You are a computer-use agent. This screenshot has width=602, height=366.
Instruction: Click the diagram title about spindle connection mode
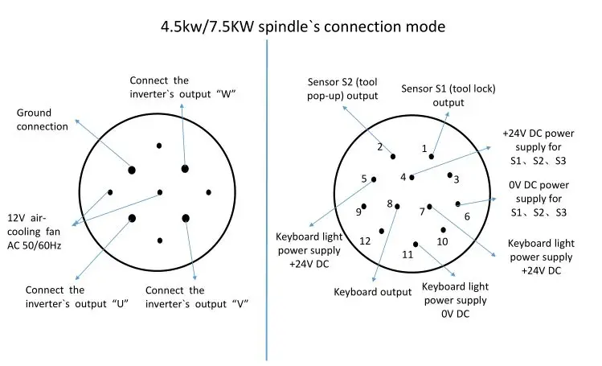303,27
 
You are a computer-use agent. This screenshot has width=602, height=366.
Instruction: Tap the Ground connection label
43,119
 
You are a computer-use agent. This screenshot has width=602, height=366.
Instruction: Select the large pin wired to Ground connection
132,170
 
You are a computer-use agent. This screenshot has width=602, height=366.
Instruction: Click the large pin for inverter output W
185,169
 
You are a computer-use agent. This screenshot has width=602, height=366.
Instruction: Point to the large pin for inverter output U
132,218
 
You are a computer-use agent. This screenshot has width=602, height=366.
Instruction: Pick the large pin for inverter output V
186,218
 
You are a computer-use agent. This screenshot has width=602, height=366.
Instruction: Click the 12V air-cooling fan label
34,232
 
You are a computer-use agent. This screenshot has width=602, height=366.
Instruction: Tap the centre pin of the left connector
160,192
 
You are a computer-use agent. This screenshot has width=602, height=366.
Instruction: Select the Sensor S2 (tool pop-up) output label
342,88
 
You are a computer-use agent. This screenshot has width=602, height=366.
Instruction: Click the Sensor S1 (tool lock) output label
448,95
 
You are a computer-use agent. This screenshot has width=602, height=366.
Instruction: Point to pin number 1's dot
432,157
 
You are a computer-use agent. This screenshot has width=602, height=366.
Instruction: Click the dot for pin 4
412,178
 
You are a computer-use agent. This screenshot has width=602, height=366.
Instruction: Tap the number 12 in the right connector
365,241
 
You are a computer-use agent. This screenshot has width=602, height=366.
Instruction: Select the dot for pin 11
416,245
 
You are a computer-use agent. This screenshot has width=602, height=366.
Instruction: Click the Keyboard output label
372,292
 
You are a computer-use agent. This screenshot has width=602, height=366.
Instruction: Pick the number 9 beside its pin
358,212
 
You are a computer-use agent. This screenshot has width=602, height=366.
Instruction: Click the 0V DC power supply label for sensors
539,199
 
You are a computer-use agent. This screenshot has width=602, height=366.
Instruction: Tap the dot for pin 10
444,230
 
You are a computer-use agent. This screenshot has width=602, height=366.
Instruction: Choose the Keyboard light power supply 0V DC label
456,300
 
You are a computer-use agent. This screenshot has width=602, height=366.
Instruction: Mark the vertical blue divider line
267,199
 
